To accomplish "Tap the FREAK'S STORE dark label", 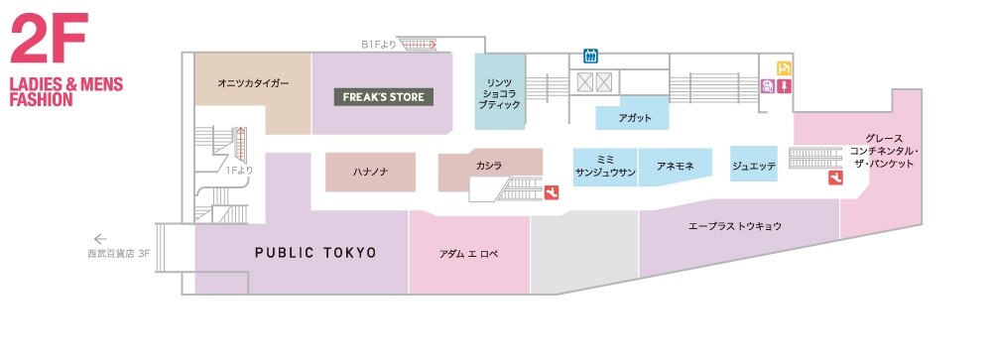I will tap(384, 97).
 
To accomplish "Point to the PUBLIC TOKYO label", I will tap(315, 253).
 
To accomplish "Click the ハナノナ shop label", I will tap(370, 172).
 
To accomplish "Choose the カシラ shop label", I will tap(489, 165).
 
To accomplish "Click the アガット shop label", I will tap(634, 117).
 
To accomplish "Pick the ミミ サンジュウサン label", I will tap(604, 165).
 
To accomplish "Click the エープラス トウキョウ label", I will tap(735, 226).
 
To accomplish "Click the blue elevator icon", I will tap(590, 57).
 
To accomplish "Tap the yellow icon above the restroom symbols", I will tap(785, 67).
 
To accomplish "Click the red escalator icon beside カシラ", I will tap(551, 192).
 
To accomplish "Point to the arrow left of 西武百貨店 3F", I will tap(99, 238).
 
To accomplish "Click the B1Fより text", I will tap(379, 44).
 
